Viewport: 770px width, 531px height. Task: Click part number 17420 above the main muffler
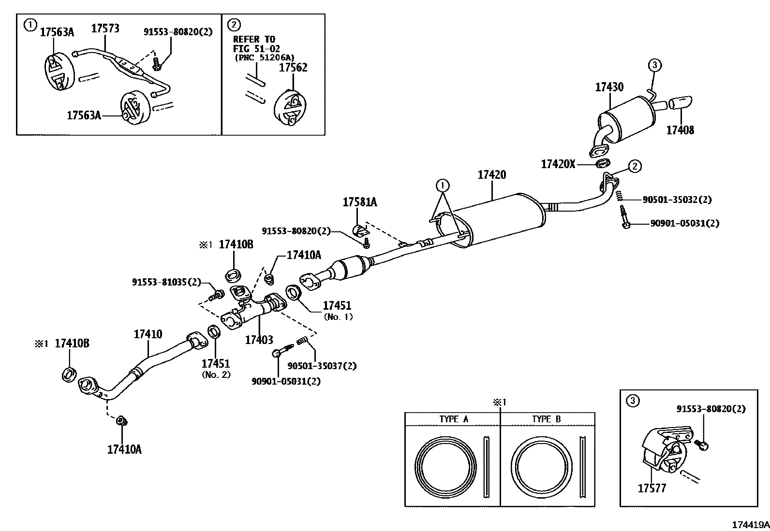[x=491, y=175]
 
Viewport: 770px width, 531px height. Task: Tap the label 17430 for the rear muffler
[x=609, y=87]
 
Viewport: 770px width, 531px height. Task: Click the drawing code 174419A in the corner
[x=750, y=525]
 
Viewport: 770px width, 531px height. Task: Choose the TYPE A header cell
[x=453, y=419]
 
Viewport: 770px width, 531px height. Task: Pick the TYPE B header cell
[x=547, y=419]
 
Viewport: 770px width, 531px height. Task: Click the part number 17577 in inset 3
[x=652, y=488]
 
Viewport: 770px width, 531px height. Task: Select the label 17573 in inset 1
[x=105, y=29]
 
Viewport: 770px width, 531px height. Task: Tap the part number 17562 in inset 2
[x=293, y=68]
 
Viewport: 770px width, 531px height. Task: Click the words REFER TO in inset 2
[x=253, y=39]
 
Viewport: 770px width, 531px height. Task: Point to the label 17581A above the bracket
[x=360, y=202]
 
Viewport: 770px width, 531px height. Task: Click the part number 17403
[x=259, y=340]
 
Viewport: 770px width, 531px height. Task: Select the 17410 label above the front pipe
[x=148, y=334]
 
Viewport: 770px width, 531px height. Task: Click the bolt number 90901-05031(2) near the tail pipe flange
[x=684, y=223]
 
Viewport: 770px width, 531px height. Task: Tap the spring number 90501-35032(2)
[x=677, y=199]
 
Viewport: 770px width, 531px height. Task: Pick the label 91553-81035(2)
[x=166, y=282]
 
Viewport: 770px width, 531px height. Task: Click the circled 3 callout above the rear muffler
[x=654, y=65]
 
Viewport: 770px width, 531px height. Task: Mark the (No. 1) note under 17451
[x=338, y=317]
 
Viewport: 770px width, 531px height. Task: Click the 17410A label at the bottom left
[x=124, y=449]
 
